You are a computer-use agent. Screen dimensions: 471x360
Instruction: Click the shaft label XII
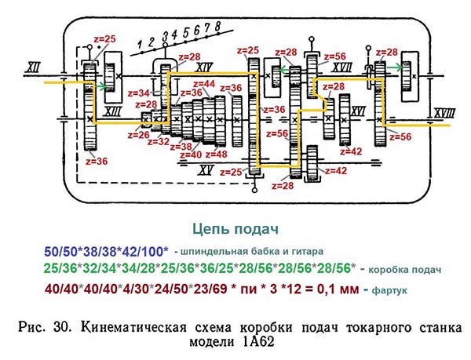[x=32, y=67]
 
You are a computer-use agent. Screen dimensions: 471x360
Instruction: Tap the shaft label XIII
[x=112, y=111]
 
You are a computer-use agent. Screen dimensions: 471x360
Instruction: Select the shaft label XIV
[x=204, y=67]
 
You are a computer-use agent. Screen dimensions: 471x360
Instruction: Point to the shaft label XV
[x=206, y=170]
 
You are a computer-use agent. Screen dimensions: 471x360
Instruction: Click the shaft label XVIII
[x=445, y=113]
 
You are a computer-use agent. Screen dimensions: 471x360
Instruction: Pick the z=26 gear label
[x=138, y=135]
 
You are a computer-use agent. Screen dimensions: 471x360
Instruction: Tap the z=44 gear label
[x=204, y=84]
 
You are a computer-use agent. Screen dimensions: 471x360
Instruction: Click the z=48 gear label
[x=217, y=155]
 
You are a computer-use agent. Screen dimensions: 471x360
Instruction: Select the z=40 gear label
[x=191, y=155]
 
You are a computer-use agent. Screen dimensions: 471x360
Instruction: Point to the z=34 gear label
[x=138, y=93]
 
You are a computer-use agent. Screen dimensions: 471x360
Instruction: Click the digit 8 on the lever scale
[x=217, y=26]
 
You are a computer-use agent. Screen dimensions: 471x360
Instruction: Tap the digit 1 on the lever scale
[x=140, y=45]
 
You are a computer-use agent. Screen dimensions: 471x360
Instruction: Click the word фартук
[x=389, y=290]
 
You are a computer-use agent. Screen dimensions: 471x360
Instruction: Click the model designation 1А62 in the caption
[x=257, y=342]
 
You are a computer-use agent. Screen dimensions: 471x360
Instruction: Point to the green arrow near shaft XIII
[x=101, y=87]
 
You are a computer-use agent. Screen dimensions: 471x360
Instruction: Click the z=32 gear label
[x=159, y=141]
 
